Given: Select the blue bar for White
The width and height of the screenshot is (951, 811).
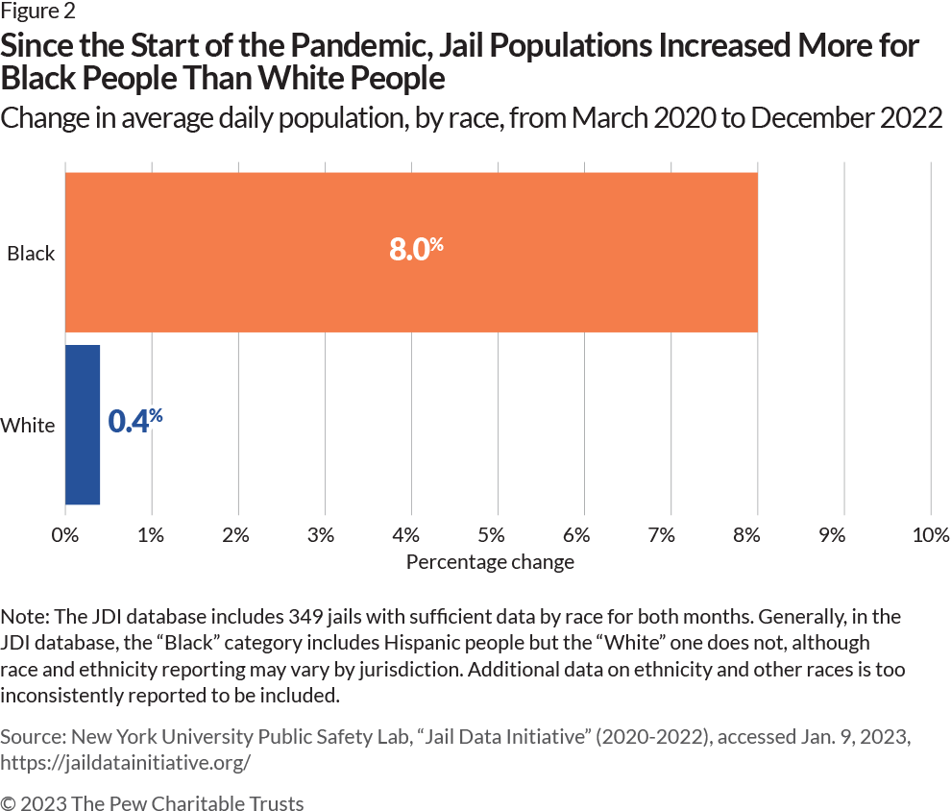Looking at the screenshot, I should click(x=83, y=424).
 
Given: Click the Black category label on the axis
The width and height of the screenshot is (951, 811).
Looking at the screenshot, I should click(x=31, y=255).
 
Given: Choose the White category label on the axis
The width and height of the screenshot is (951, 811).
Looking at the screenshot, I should click(x=28, y=425).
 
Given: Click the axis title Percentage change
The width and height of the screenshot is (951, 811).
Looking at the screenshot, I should click(x=490, y=562).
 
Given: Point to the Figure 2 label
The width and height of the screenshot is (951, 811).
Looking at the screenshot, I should click(x=37, y=12).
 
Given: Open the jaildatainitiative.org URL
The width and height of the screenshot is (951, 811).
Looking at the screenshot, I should click(x=126, y=762).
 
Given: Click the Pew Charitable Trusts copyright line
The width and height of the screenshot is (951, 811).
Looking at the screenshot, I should click(x=152, y=802).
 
